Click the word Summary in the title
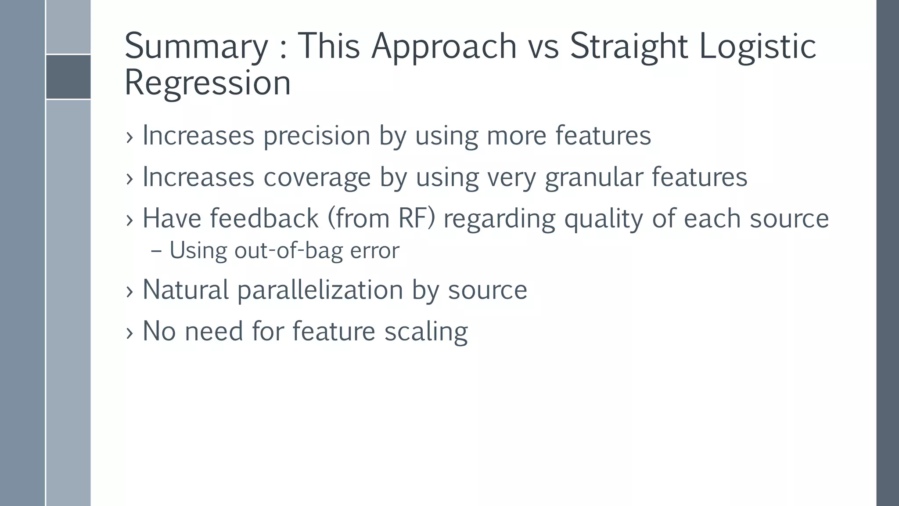[196, 47]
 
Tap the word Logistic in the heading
[757, 47]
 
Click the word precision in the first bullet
[316, 136]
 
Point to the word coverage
[317, 177]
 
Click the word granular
[594, 177]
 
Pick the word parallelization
[320, 290]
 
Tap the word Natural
[186, 290]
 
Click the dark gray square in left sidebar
[68, 77]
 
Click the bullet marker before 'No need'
[129, 333]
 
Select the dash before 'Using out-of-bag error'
[155, 252]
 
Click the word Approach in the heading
[444, 47]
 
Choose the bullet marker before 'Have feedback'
[129, 220]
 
